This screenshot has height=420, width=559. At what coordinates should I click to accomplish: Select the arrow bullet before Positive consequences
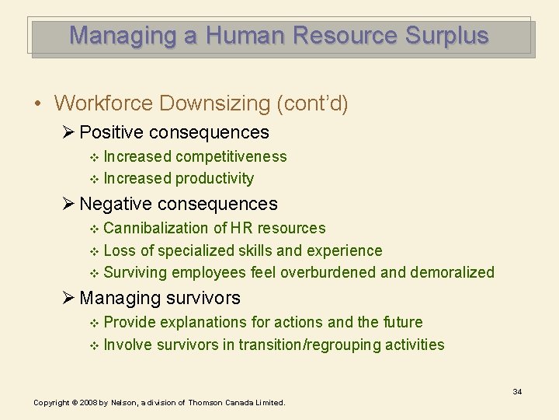point(69,133)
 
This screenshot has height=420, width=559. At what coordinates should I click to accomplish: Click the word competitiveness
point(231,156)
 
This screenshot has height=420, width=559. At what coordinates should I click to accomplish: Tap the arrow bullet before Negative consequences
point(69,205)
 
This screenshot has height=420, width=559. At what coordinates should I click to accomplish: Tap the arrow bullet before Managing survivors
point(69,298)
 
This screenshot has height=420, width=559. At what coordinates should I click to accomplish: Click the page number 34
point(517,391)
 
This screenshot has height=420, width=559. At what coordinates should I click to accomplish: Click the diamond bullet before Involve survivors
point(95,345)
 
